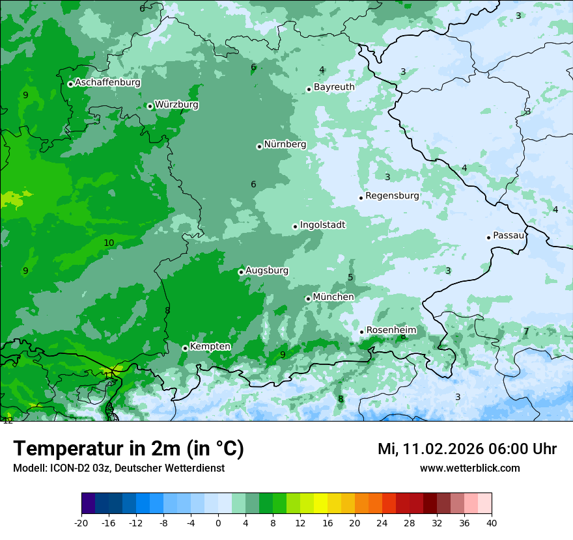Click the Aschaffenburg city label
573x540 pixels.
coord(107,83)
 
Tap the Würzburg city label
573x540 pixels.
coord(176,105)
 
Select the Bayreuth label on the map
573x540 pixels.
coord(334,87)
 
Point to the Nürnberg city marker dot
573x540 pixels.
coord(259,146)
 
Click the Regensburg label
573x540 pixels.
coord(392,196)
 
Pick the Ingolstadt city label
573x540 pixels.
coord(322,225)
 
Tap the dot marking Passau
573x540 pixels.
coord(488,237)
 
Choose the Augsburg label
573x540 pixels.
coord(267,271)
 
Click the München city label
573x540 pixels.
coord(333,297)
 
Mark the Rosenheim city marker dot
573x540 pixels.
coord(361,332)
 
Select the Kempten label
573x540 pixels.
coord(210,347)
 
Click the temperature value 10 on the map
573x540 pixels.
coord(109,243)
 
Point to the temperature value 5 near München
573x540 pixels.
coord(350,278)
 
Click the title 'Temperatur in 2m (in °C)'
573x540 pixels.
coord(128,449)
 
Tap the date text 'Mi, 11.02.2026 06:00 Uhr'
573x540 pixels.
coord(467,449)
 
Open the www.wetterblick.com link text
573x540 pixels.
coord(469,468)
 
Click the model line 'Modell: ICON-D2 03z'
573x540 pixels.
coord(119,468)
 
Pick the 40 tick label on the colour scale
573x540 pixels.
coord(491,522)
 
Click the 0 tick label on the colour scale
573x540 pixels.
coord(218,522)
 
